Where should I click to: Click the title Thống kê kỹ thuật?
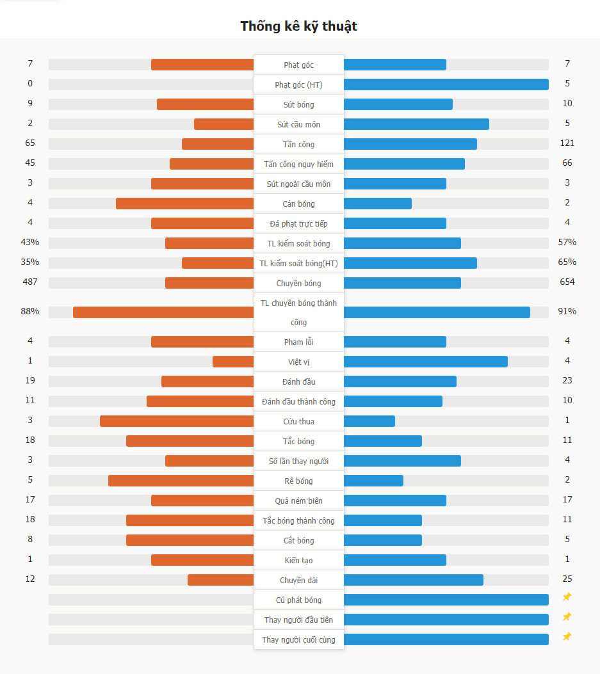click(299, 26)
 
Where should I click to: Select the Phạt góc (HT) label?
click(299, 84)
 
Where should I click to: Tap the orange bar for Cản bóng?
click(184, 204)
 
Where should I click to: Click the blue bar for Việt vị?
click(426, 362)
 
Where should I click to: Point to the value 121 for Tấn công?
click(567, 143)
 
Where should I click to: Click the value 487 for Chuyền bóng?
click(30, 282)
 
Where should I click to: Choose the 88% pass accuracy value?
click(30, 311)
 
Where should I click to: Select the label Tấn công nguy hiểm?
click(299, 164)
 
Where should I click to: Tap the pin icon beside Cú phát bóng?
click(567, 597)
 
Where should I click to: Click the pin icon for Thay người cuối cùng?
click(567, 637)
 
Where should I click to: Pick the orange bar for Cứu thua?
click(177, 421)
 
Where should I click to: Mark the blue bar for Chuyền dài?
click(414, 580)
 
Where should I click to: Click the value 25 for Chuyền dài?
click(567, 579)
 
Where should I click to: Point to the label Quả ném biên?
click(299, 501)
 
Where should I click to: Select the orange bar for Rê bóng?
click(181, 481)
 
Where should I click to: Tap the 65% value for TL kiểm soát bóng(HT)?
click(567, 262)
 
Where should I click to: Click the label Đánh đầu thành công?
click(299, 401)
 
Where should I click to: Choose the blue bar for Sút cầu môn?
click(416, 124)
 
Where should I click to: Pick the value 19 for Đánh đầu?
click(30, 380)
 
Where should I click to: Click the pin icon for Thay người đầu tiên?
click(567, 617)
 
